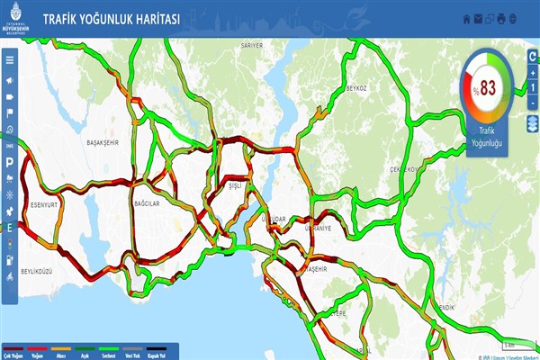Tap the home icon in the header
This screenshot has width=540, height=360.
pyautogui.click(x=465, y=18)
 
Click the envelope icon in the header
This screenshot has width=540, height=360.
pyautogui.click(x=477, y=18)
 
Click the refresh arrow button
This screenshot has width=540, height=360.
pyautogui.click(x=533, y=57)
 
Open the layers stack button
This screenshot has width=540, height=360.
pyautogui.click(x=533, y=126)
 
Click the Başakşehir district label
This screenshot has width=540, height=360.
pyautogui.click(x=103, y=143)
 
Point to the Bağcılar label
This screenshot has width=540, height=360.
pyautogui.click(x=147, y=203)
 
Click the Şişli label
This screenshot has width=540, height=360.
pyautogui.click(x=237, y=187)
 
